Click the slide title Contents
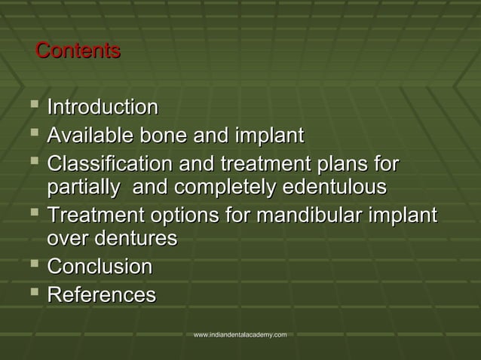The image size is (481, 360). (78, 51)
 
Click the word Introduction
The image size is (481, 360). (103, 108)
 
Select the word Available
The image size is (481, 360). (86, 136)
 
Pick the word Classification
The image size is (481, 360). (109, 164)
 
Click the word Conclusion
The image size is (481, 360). (100, 267)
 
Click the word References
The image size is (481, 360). (102, 294)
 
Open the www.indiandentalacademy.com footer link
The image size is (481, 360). (240, 334)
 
